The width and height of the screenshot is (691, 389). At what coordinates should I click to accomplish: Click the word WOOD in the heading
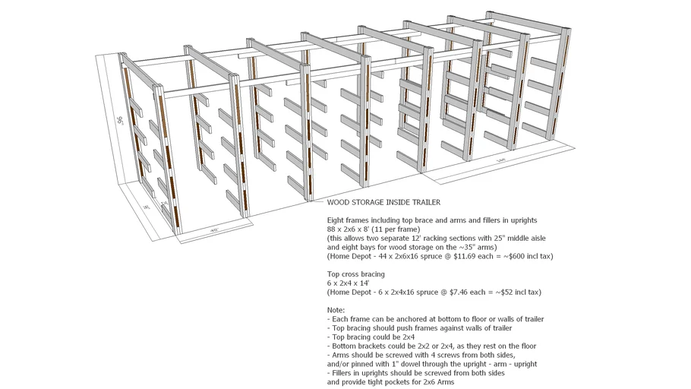339,203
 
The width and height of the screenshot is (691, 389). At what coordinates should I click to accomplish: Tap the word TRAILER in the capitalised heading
424,203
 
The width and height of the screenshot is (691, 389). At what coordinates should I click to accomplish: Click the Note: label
336,310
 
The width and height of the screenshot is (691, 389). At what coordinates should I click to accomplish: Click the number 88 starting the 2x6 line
332,229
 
